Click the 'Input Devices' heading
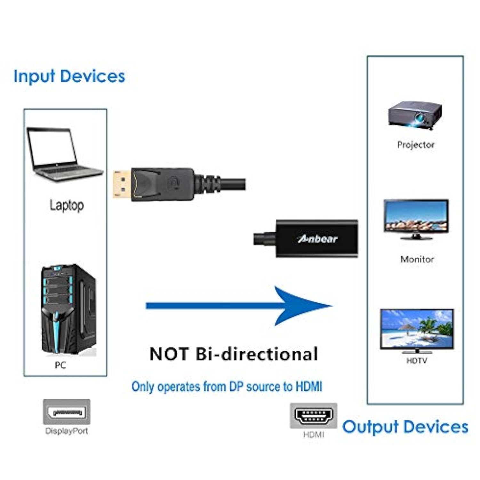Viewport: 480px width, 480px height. coord(69,76)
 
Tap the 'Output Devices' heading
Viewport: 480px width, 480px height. coord(405,427)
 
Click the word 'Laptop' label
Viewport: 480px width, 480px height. coord(67,205)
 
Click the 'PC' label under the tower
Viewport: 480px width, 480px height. coord(60,365)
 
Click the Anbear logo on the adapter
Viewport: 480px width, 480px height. coord(317,239)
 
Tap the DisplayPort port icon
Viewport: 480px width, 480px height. coord(67,412)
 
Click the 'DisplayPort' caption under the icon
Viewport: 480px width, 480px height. coord(67,431)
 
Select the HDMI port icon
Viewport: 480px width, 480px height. coord(314,416)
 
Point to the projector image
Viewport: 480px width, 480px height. coord(415,115)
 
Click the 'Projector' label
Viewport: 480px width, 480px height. coord(416,145)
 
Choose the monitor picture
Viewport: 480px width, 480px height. coord(416,219)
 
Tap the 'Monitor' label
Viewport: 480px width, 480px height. coord(417,259)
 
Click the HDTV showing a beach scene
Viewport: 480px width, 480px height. coord(417,330)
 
